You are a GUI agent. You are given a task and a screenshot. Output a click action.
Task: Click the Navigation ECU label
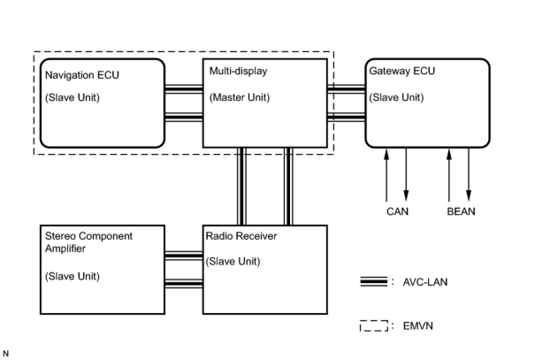(82, 75)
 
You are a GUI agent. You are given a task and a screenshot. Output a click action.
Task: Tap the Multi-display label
(238, 71)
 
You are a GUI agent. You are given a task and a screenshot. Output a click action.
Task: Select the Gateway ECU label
(402, 71)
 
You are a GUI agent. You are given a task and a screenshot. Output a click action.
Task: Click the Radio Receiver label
(241, 236)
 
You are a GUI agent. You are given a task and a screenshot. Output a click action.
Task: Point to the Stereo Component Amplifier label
(88, 242)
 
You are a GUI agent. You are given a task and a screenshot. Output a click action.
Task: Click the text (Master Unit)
(239, 97)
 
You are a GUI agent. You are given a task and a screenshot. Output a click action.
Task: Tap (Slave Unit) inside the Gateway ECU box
(396, 97)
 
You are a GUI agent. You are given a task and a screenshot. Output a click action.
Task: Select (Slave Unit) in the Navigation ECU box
(72, 97)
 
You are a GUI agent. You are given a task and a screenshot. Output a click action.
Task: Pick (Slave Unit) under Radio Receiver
(233, 261)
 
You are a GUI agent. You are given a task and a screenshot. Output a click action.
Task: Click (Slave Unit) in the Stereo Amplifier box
(72, 276)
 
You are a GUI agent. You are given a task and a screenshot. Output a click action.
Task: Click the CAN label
(397, 211)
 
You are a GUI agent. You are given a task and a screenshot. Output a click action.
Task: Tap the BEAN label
(461, 211)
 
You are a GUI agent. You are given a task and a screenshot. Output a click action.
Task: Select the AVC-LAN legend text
(425, 282)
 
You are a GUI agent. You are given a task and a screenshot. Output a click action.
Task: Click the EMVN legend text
(418, 326)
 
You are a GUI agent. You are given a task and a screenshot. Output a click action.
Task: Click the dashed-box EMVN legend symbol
(374, 326)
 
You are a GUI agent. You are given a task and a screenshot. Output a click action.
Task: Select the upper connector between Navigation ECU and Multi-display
(183, 89)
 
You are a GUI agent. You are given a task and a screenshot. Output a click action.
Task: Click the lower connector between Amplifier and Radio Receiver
(183, 283)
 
